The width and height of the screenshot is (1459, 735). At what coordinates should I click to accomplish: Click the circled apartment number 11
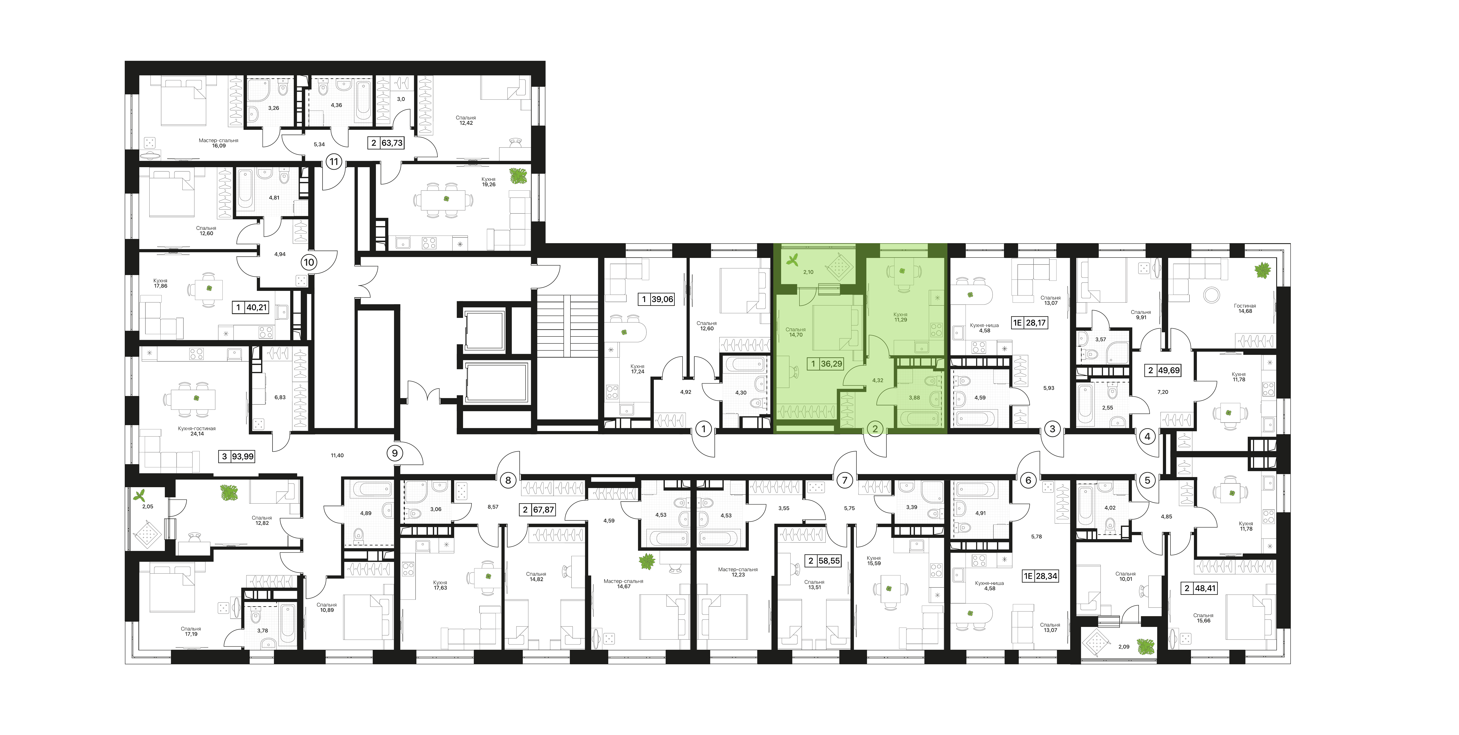[334, 162]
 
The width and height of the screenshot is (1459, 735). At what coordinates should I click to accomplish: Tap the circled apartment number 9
[395, 453]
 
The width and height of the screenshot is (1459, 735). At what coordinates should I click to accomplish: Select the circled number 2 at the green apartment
[875, 429]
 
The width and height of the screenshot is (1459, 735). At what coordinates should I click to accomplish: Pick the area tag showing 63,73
[392, 143]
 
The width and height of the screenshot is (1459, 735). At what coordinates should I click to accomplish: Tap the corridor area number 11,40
[337, 455]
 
